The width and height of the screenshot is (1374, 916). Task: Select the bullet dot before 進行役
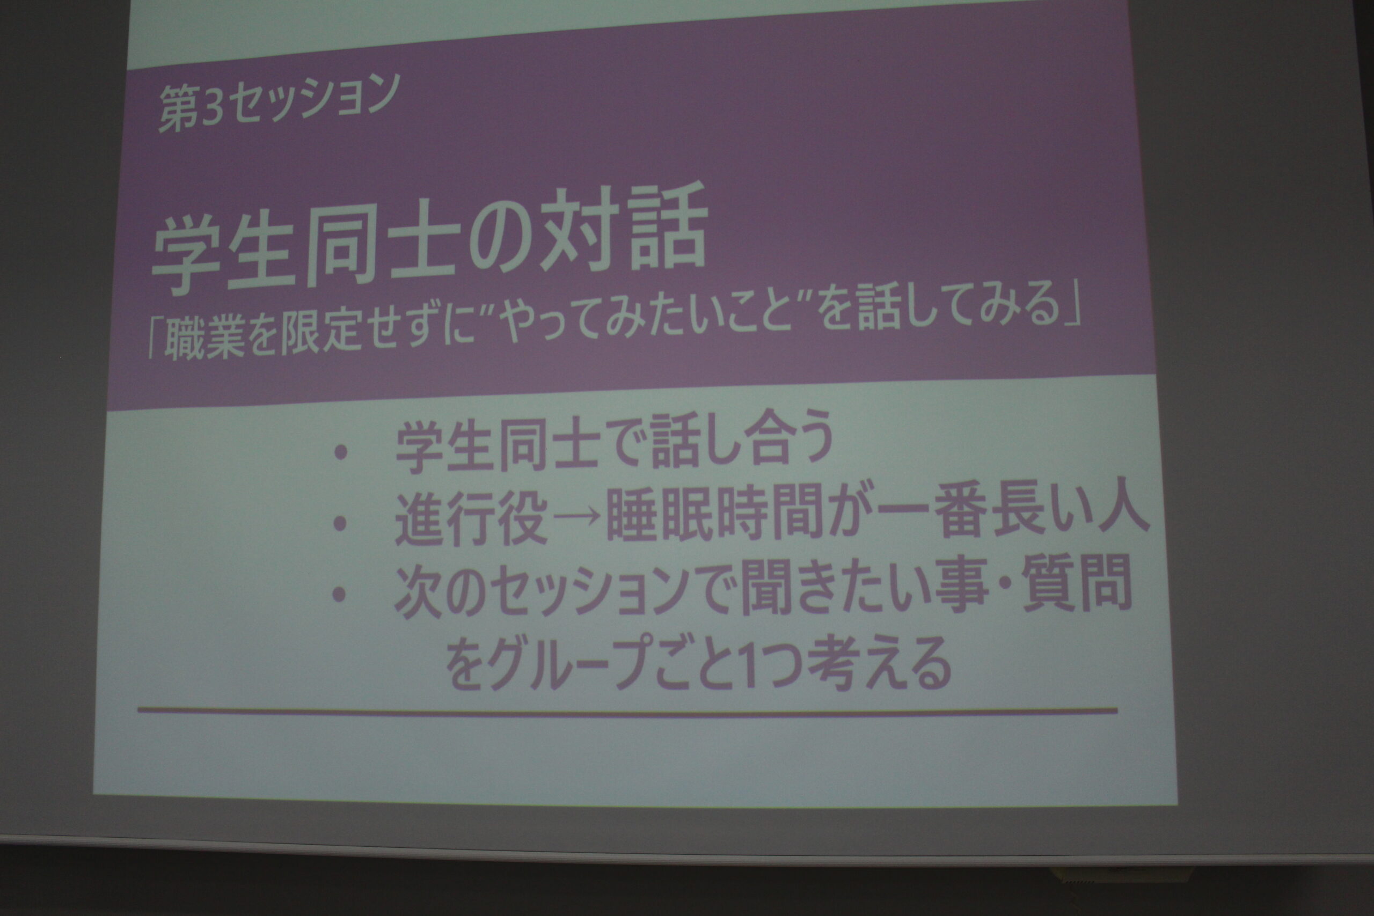[339, 523]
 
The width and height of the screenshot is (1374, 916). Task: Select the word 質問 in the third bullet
[1077, 585]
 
